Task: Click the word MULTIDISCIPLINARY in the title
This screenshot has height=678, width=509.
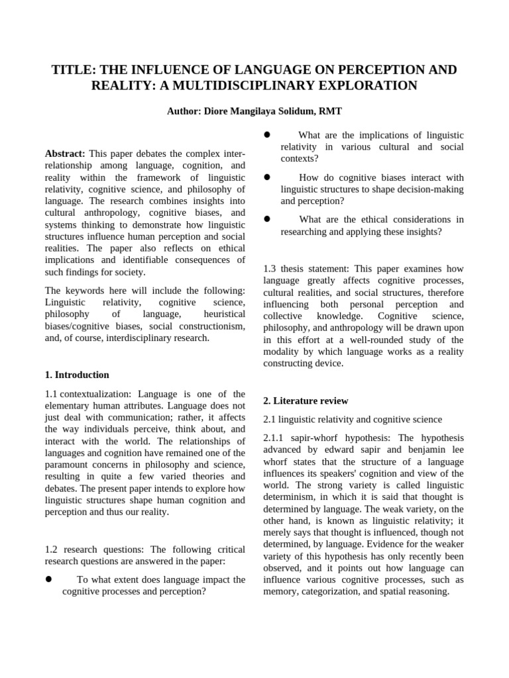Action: click(260, 85)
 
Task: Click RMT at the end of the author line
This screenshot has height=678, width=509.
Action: click(329, 113)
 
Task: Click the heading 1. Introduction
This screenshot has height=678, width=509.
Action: click(77, 375)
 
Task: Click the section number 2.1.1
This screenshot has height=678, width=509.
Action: click(275, 438)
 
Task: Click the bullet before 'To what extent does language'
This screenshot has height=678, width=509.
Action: click(48, 579)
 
